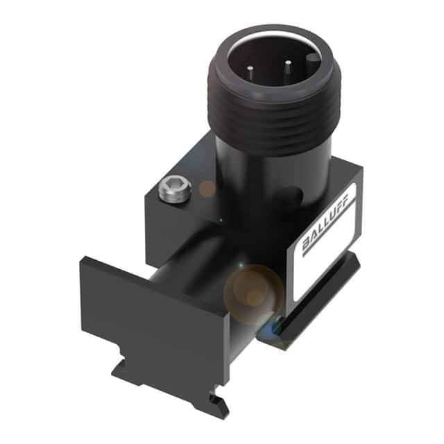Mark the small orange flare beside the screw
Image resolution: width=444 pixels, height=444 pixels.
pos(207,188)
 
